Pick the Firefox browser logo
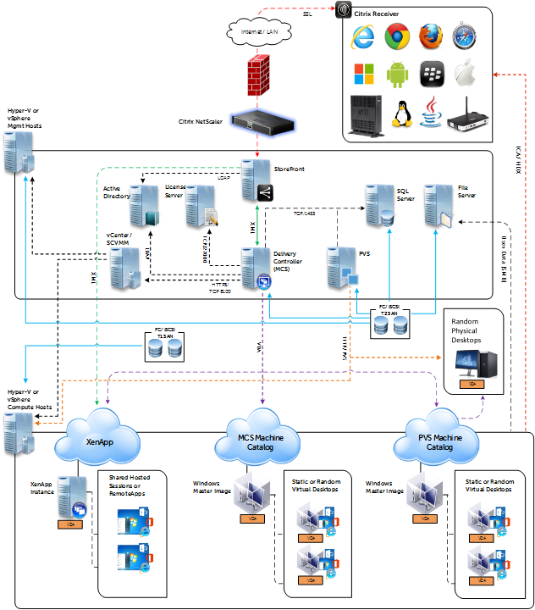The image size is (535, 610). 433,36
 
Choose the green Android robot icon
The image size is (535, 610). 397,75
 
